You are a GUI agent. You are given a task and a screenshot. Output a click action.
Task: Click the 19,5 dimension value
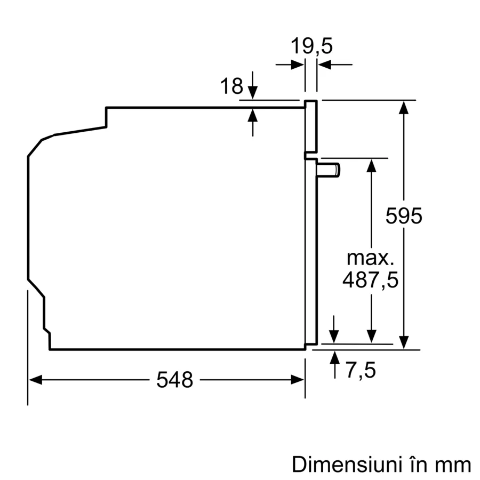point(311,46)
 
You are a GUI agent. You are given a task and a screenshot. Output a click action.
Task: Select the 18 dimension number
point(232,86)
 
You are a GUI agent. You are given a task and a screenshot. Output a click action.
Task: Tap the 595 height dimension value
point(404,216)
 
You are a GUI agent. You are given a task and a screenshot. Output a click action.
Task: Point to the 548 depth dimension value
point(174,380)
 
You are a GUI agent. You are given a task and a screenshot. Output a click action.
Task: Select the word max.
point(370,258)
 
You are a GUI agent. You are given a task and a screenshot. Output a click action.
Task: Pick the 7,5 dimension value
point(361,370)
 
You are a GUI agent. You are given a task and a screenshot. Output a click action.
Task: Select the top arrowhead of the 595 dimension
point(404,107)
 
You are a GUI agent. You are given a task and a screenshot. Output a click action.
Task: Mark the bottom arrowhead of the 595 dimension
point(404,342)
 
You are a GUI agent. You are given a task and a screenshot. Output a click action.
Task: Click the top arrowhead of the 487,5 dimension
point(372,165)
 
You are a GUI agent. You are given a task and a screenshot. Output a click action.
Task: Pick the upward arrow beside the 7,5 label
point(334,357)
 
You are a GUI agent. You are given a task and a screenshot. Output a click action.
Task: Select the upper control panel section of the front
point(311,126)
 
